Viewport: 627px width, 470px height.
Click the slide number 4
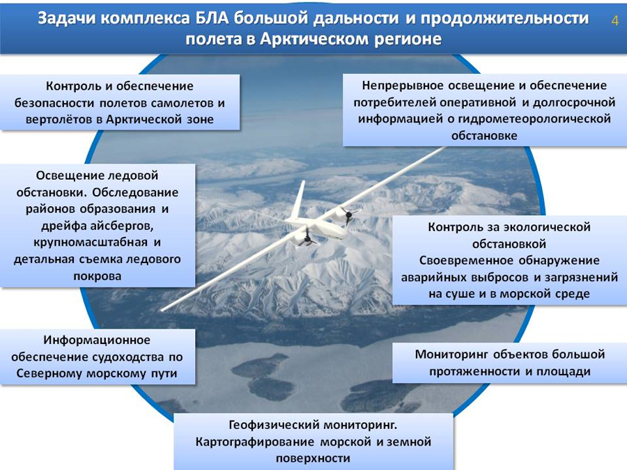(x=614, y=20)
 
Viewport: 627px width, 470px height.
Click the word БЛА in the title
(x=212, y=18)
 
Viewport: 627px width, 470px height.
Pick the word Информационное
(x=97, y=340)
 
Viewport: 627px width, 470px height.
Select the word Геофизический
(x=273, y=425)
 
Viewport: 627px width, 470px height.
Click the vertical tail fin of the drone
(x=297, y=200)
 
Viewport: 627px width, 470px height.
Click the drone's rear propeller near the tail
(x=348, y=217)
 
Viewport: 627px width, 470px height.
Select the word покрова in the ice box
(x=97, y=276)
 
